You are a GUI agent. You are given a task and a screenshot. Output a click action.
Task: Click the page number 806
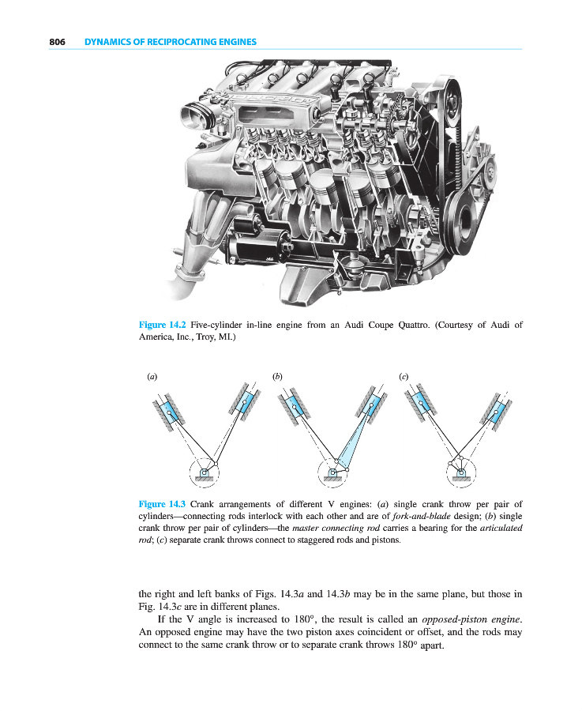click(56, 42)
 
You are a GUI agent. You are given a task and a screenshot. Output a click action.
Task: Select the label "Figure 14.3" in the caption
click(163, 504)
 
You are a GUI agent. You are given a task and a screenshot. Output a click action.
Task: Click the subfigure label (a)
click(152, 377)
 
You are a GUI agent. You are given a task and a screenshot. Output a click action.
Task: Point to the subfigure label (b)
click(277, 377)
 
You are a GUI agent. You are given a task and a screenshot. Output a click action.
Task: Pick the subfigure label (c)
click(404, 377)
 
